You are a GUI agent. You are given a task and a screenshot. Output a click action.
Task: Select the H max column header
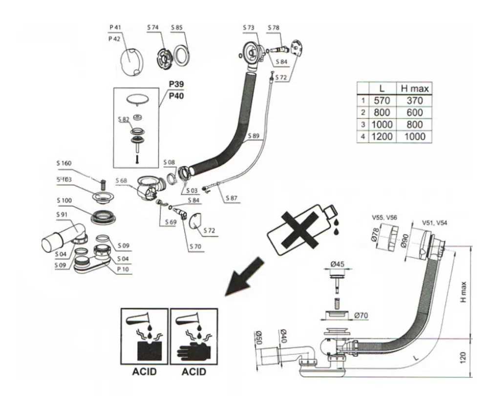coord(414,89)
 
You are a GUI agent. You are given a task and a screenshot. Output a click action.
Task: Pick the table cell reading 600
coord(414,113)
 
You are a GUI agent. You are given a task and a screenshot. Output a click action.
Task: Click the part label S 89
coord(253,136)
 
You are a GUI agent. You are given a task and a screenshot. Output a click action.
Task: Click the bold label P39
coord(177,85)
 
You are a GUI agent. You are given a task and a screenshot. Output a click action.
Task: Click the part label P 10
coord(124,269)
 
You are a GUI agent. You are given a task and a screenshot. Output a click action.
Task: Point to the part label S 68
coord(123,181)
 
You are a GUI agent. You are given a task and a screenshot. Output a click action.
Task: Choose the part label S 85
coord(177,28)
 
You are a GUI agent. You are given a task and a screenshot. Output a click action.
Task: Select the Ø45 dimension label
coord(338,264)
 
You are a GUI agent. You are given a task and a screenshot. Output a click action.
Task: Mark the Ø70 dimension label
coord(361,316)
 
